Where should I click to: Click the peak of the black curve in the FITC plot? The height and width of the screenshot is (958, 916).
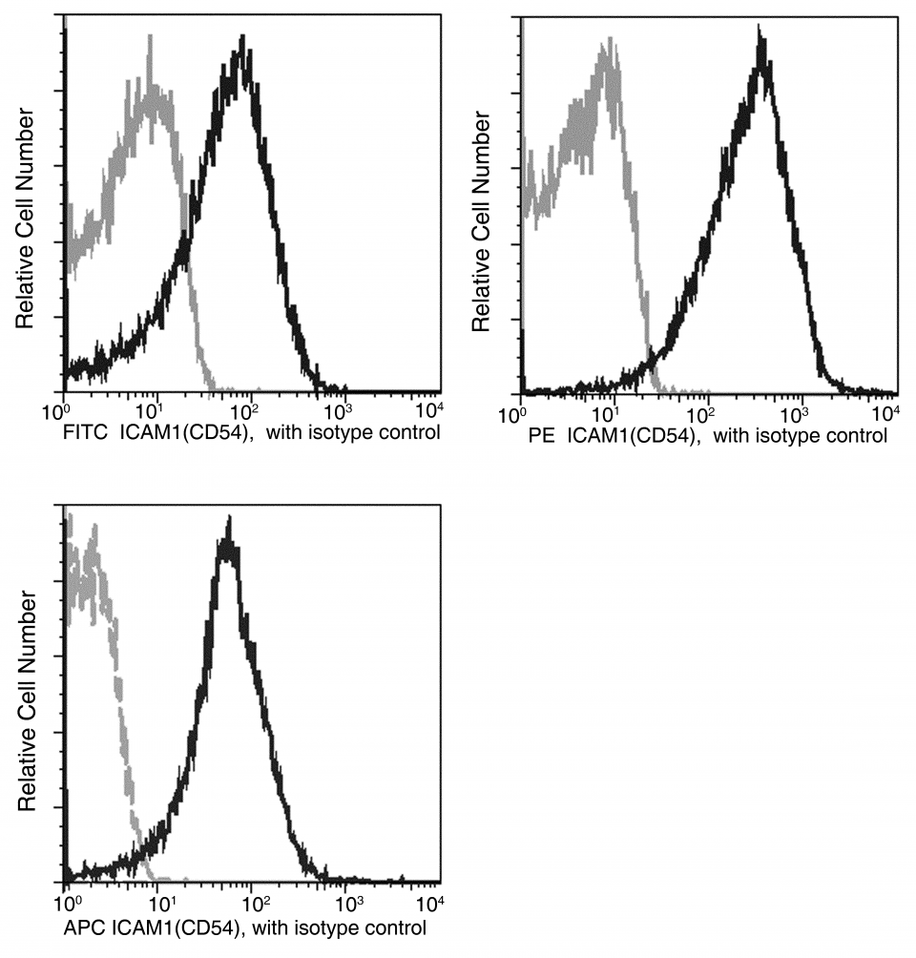click(244, 41)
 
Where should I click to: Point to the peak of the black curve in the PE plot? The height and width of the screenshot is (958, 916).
click(760, 31)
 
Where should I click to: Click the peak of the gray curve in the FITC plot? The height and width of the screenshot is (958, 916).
click(150, 38)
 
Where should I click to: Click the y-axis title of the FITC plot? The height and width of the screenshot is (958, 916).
click(26, 219)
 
